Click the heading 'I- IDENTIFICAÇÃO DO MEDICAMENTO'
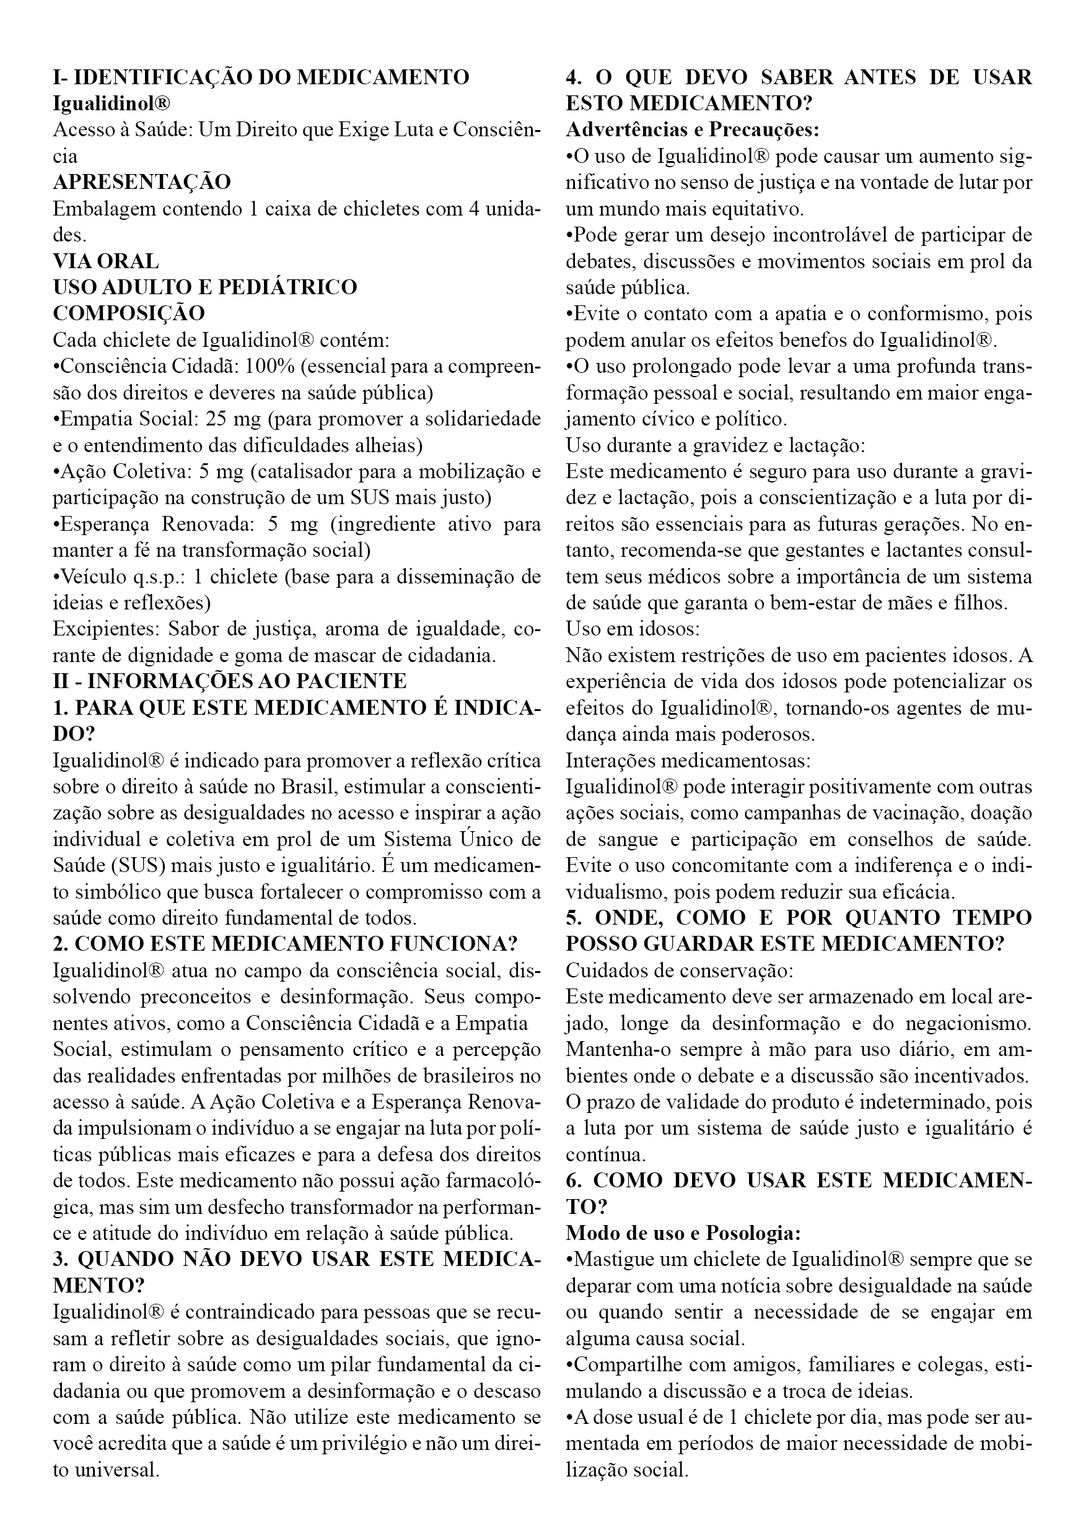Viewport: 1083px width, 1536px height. point(261,77)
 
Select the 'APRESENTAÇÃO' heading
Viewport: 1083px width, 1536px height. point(142,182)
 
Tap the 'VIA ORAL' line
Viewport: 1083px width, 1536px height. point(106,261)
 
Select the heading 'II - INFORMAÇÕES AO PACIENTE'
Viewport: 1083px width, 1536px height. point(230,681)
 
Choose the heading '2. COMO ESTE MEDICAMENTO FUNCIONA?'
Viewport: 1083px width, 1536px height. point(285,944)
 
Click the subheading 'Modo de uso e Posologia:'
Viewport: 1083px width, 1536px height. point(683,1233)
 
